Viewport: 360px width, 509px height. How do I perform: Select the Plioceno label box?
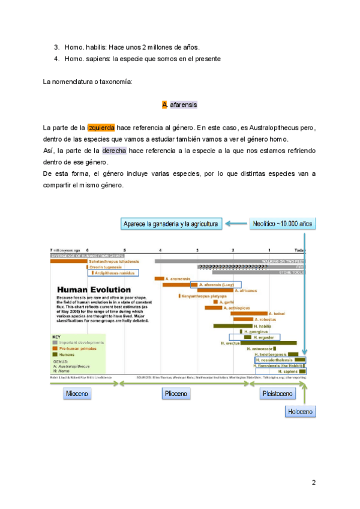(175, 394)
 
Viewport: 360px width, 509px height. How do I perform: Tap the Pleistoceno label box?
(277, 394)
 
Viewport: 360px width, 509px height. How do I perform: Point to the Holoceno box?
(300, 411)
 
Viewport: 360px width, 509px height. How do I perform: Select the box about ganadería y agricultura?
(172, 224)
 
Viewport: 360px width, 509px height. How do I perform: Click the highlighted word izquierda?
(101, 128)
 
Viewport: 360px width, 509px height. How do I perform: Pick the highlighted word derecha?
(113, 151)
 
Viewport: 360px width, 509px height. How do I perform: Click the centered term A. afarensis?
(180, 105)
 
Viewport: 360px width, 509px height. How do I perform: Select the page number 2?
(313, 482)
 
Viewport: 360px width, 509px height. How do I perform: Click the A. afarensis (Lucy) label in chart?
(215, 285)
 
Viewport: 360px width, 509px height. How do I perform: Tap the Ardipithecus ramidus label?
(115, 273)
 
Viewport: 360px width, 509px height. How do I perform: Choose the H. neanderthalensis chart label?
(277, 360)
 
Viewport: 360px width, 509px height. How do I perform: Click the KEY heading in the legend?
(56, 336)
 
